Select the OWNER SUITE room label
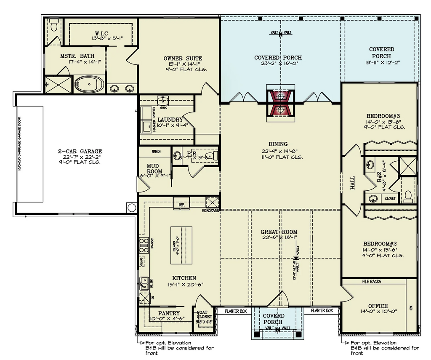tap(183, 59)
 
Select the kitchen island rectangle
tap(181, 244)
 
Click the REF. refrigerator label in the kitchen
tap(182, 205)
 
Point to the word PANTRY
tap(169, 313)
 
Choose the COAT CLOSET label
tap(205, 315)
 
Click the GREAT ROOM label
tap(279, 232)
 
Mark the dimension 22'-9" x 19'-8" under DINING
tap(280, 151)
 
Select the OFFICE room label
tap(378, 306)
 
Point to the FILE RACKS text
tap(372, 281)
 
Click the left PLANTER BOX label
tap(236, 311)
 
